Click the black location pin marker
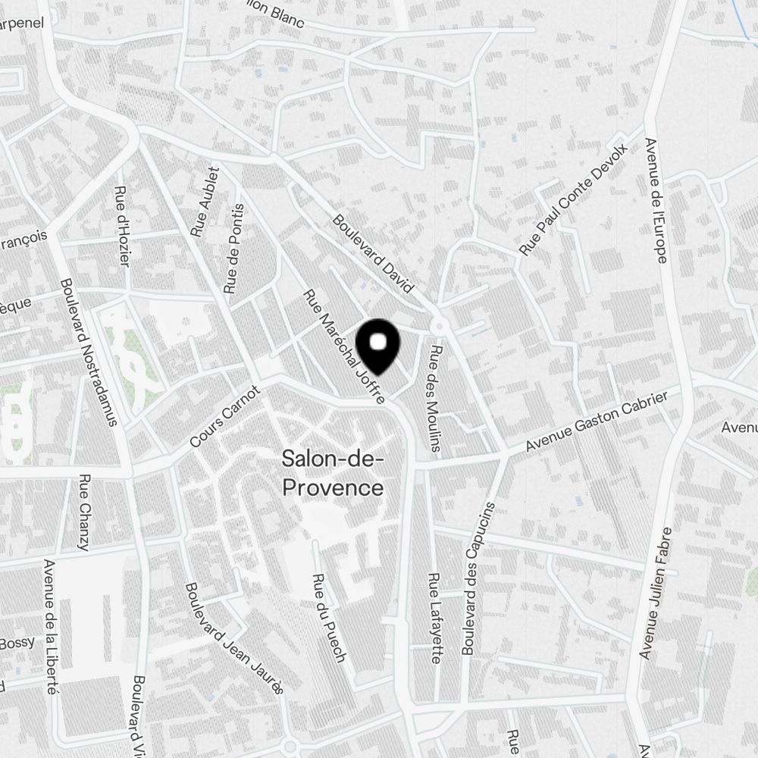(x=382, y=347)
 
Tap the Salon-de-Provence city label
(x=333, y=473)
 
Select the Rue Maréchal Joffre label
(x=344, y=346)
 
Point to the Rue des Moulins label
(x=436, y=399)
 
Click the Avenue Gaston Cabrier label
(x=597, y=422)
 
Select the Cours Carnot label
(x=225, y=415)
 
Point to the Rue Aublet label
(x=205, y=202)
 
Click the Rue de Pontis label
(x=234, y=249)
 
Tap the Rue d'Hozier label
(x=123, y=227)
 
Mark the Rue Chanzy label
(x=84, y=513)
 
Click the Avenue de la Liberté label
(x=51, y=627)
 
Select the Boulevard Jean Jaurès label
(x=234, y=637)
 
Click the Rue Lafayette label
(x=434, y=618)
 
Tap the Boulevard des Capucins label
(x=478, y=578)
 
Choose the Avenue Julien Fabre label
(x=656, y=592)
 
